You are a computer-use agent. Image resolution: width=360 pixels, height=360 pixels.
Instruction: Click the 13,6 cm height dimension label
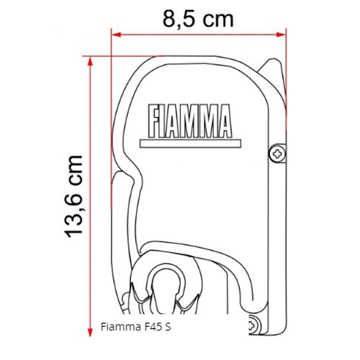[x=75, y=196]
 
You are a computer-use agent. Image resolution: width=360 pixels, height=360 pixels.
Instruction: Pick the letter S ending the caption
[x=168, y=327]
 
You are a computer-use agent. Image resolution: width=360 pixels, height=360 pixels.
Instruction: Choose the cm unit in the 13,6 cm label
[x=75, y=169]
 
